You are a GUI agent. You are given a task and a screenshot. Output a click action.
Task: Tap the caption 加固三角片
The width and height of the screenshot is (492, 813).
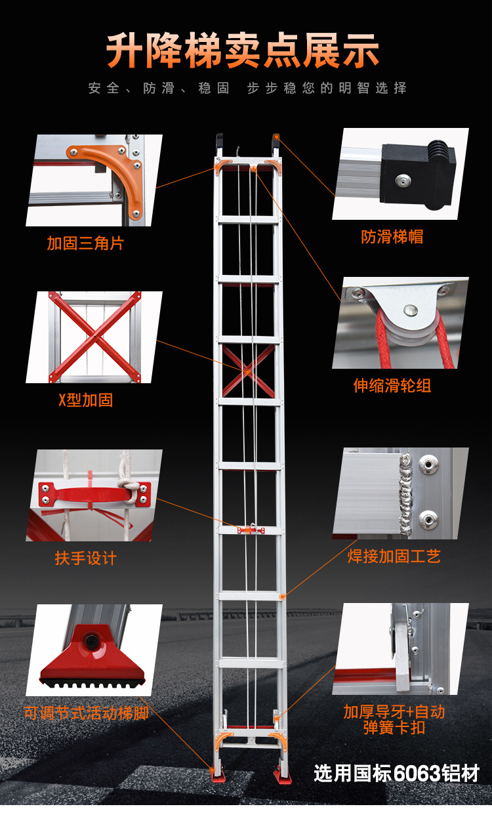(85, 243)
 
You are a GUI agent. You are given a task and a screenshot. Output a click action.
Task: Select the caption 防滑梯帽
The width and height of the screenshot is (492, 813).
(392, 237)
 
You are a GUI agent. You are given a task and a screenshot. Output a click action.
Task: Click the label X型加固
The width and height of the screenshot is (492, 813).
(86, 400)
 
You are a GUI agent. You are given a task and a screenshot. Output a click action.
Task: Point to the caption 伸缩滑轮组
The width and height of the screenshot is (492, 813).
(392, 385)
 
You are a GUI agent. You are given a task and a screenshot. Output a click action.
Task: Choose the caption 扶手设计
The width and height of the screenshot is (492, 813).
(86, 558)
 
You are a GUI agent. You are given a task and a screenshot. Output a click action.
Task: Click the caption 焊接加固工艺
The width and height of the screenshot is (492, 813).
(394, 556)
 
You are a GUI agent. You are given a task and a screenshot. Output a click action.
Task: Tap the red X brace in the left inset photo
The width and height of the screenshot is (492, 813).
(94, 337)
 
